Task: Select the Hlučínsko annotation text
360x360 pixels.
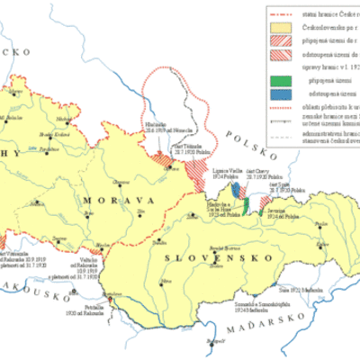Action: (157, 127)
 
